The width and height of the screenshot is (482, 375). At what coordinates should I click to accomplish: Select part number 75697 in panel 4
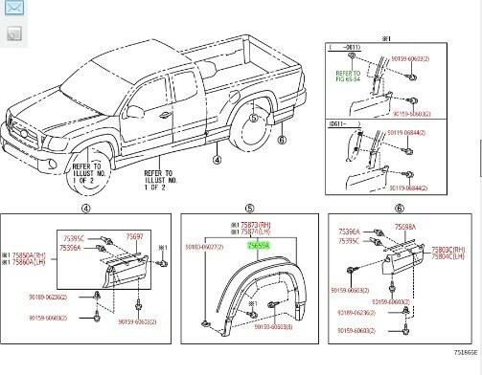coord(135,236)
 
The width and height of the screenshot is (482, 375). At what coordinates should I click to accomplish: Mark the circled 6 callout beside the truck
coord(281,141)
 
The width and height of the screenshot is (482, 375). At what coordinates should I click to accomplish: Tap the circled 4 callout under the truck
coord(217,162)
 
